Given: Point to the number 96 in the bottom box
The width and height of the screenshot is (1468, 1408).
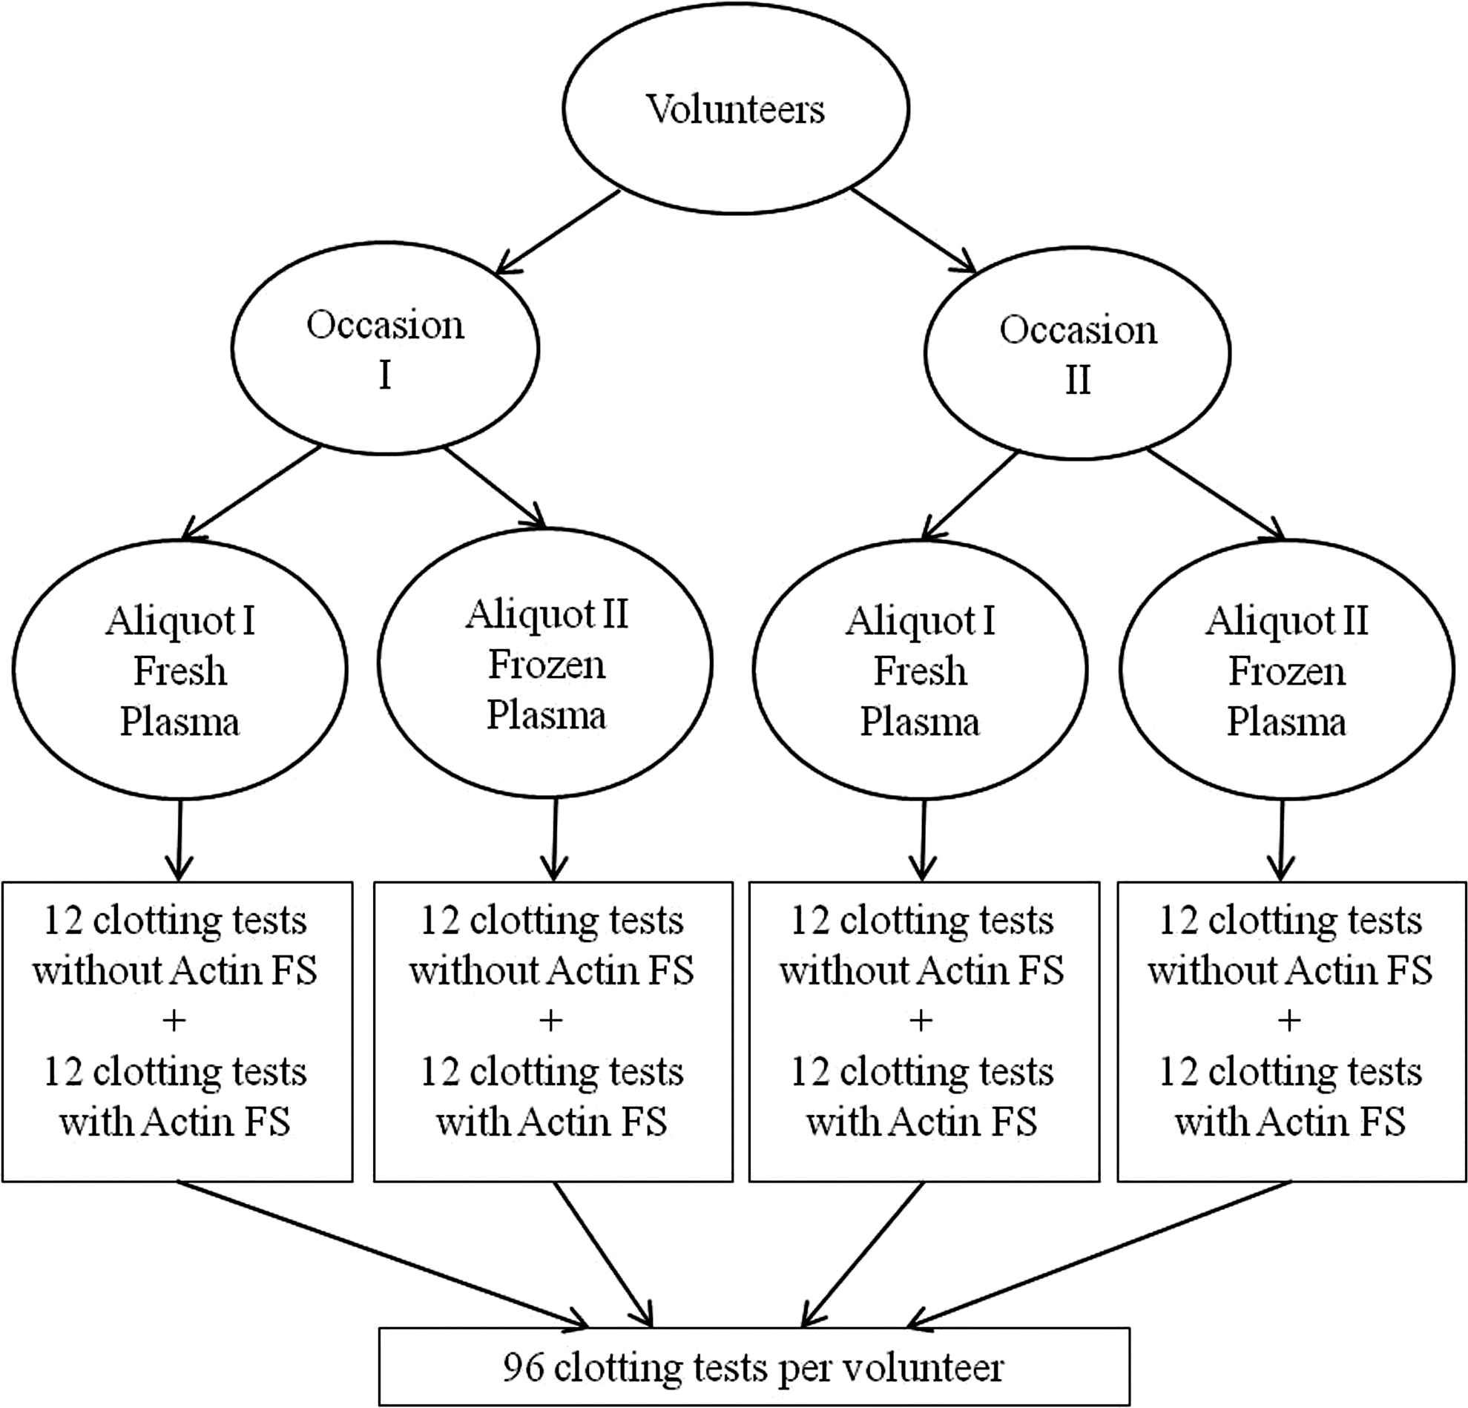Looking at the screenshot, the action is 524,1367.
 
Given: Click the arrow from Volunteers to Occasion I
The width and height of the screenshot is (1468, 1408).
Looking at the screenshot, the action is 558,231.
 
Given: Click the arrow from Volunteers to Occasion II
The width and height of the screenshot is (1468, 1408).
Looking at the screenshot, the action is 915,231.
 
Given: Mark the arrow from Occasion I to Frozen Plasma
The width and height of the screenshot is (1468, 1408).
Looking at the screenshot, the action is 495,487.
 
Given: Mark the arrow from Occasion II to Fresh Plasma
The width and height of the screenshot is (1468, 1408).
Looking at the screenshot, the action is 970,496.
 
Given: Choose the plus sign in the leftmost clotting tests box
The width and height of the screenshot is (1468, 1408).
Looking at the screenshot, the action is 174,1020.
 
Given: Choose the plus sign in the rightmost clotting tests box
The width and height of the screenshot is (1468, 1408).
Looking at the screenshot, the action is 1290,1020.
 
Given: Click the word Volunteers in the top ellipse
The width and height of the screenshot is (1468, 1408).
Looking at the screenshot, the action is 736,109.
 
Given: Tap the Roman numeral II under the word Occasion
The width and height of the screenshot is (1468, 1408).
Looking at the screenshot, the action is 1078,379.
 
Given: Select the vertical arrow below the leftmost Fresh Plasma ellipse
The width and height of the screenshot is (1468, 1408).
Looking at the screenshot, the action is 179,841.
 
